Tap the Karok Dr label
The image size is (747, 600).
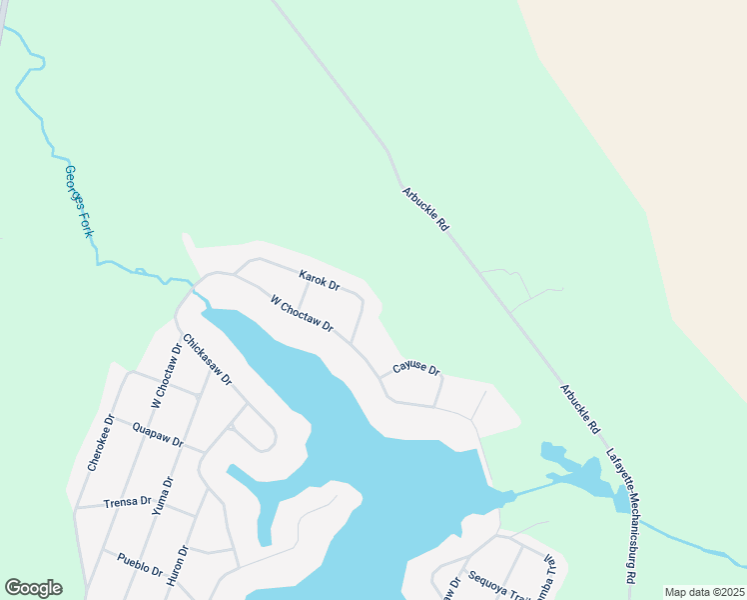pyautogui.click(x=320, y=280)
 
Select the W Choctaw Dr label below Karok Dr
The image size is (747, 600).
pyautogui.click(x=301, y=313)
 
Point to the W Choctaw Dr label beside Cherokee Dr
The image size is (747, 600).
pyautogui.click(x=164, y=376)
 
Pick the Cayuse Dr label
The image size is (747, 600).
pyautogui.click(x=415, y=368)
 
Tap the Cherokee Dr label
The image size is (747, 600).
pyautogui.click(x=101, y=442)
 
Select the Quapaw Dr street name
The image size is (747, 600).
pyautogui.click(x=158, y=435)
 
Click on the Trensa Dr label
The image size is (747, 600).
pyautogui.click(x=128, y=502)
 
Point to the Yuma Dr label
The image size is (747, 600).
pyautogui.click(x=163, y=496)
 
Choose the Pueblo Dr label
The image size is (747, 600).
pyautogui.click(x=140, y=565)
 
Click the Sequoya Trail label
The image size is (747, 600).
pyautogui.click(x=491, y=578)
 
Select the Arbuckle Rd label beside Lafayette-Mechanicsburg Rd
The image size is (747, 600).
pyautogui.click(x=579, y=410)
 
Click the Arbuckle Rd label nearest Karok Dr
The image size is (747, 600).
pyautogui.click(x=425, y=210)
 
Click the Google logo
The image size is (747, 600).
pyautogui.click(x=33, y=588)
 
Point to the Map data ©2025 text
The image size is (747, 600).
pyautogui.click(x=703, y=592)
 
